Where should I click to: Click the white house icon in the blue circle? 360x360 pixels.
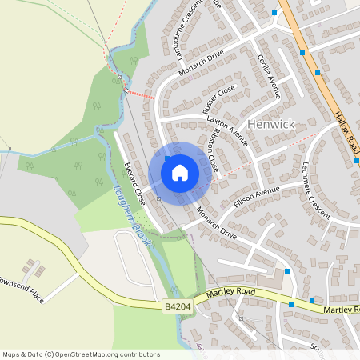pyautogui.click(x=180, y=172)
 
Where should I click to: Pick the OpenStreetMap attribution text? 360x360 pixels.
pyautogui.click(x=80, y=354)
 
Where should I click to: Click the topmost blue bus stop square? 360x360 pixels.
pyautogui.click(x=274, y=13)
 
